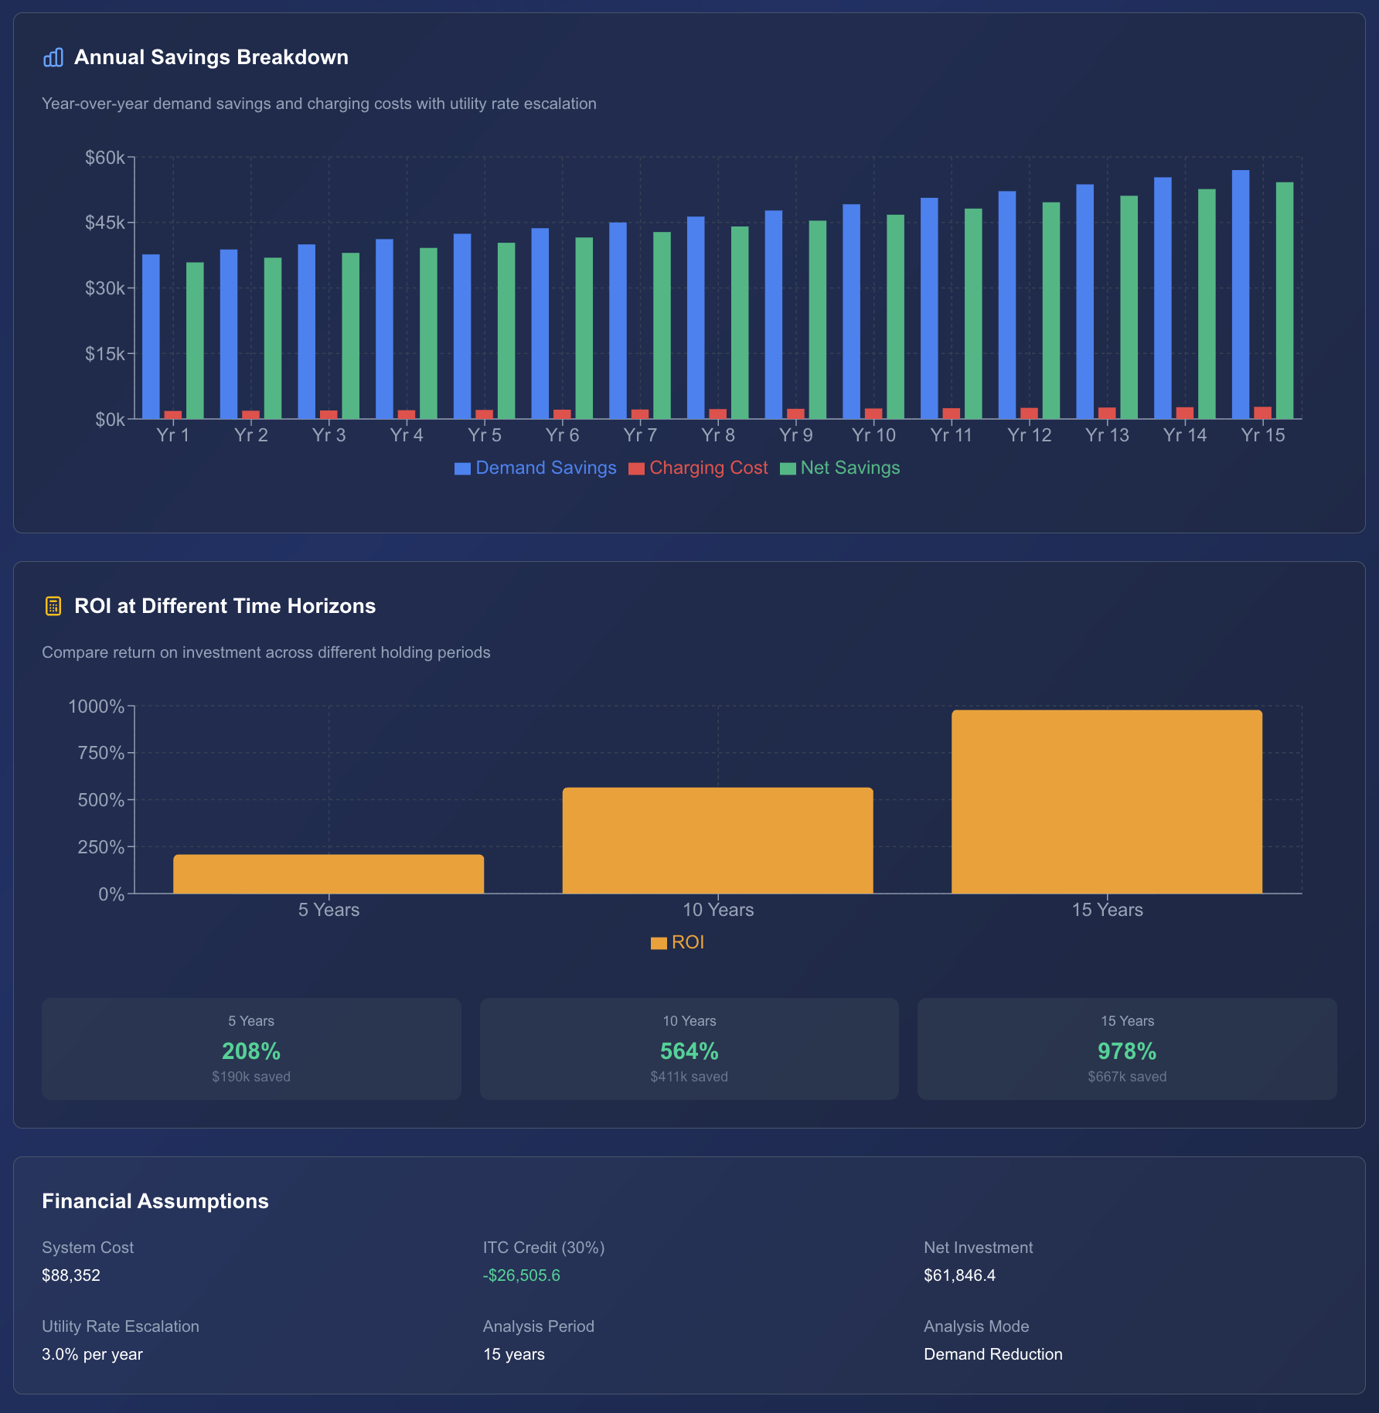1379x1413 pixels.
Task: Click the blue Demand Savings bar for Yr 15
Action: click(x=1240, y=295)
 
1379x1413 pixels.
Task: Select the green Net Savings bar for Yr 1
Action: click(x=195, y=341)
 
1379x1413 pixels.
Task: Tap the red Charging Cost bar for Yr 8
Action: click(x=717, y=414)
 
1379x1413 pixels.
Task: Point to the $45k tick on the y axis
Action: click(x=105, y=223)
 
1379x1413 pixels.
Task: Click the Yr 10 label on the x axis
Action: click(x=873, y=435)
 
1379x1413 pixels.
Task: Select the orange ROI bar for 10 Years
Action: click(x=717, y=840)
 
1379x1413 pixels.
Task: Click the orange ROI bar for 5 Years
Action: click(x=329, y=874)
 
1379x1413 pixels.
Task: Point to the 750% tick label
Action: click(x=100, y=753)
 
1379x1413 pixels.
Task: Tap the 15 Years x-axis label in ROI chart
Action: click(x=1107, y=910)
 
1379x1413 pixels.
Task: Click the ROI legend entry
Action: click(x=678, y=942)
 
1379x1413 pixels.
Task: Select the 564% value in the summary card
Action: click(x=689, y=1051)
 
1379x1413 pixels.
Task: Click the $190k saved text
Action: click(x=251, y=1077)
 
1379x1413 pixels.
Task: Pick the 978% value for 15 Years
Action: click(x=1127, y=1051)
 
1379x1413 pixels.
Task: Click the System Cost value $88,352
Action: click(x=71, y=1275)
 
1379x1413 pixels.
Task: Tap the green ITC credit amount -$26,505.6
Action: click(x=522, y=1275)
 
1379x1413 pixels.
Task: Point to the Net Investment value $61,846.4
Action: click(x=959, y=1275)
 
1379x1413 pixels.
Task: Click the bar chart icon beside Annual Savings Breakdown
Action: click(x=53, y=58)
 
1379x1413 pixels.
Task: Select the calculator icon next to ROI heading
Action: click(x=53, y=606)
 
